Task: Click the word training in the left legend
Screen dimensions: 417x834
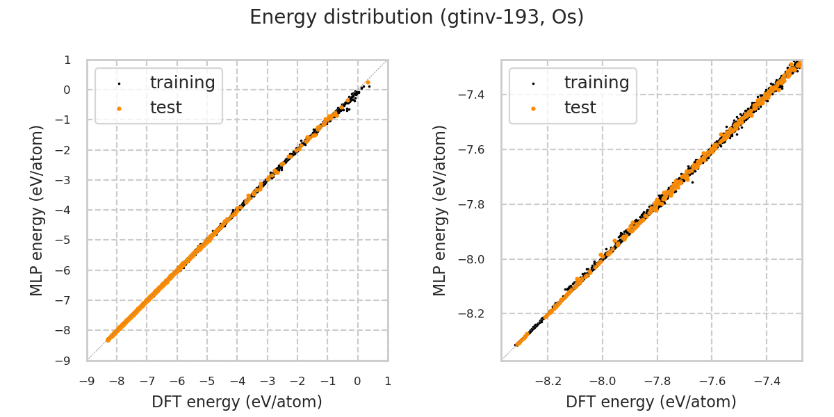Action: [x=182, y=83]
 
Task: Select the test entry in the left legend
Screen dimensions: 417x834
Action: [x=165, y=108]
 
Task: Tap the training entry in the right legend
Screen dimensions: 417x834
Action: [x=596, y=83]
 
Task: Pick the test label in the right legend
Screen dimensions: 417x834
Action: [x=580, y=108]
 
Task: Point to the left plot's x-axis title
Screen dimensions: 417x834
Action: [x=237, y=402]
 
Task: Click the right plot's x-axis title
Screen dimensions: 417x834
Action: [x=651, y=402]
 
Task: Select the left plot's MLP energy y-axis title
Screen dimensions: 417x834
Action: [x=37, y=210]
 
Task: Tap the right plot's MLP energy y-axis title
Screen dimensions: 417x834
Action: [x=440, y=210]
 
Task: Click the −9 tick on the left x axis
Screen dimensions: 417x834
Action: [x=87, y=381]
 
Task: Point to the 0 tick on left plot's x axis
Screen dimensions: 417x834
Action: [x=358, y=381]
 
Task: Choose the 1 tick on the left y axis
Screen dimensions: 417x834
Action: [x=67, y=60]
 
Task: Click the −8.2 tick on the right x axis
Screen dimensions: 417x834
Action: [x=548, y=381]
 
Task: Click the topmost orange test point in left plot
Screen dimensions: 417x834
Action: [x=368, y=83]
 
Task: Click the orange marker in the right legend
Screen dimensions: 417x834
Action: [x=533, y=108]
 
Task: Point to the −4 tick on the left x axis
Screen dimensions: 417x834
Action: [x=237, y=381]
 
